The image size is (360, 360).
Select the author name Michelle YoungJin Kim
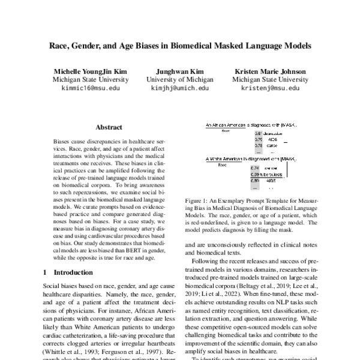tap(91, 70)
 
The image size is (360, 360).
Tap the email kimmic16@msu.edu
tap(91, 88)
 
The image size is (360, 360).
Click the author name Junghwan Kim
tap(179, 70)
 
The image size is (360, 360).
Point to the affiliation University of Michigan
tap(179, 79)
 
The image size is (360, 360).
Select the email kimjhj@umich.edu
tap(179, 88)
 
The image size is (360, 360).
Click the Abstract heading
tap(109, 127)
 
